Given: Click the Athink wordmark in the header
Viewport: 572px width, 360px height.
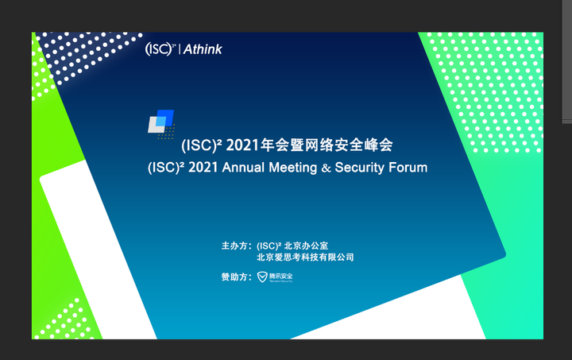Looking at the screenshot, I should coord(203,49).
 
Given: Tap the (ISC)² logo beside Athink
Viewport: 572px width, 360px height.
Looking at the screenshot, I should coord(160,49).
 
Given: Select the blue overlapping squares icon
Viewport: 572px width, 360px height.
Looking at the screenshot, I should coord(161,122).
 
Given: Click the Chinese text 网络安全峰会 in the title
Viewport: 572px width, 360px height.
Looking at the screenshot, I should coord(354,145).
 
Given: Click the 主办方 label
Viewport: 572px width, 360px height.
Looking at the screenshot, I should coord(236,246).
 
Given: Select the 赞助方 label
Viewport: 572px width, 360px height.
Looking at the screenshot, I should coord(236,277).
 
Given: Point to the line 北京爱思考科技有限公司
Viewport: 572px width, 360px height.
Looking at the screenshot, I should coord(305,257).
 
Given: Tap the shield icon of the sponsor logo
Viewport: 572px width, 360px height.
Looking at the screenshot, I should coord(263,277).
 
